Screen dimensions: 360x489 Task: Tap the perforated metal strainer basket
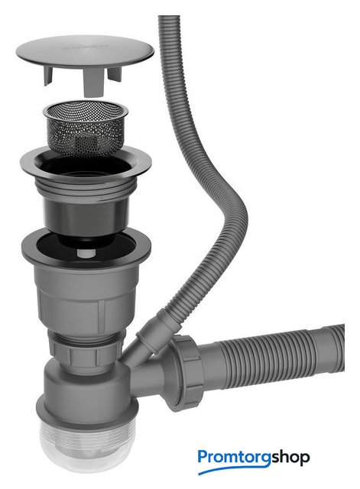[x=86, y=128]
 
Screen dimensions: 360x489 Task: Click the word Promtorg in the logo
[x=234, y=458]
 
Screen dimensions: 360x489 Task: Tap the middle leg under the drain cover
[x=94, y=82]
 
